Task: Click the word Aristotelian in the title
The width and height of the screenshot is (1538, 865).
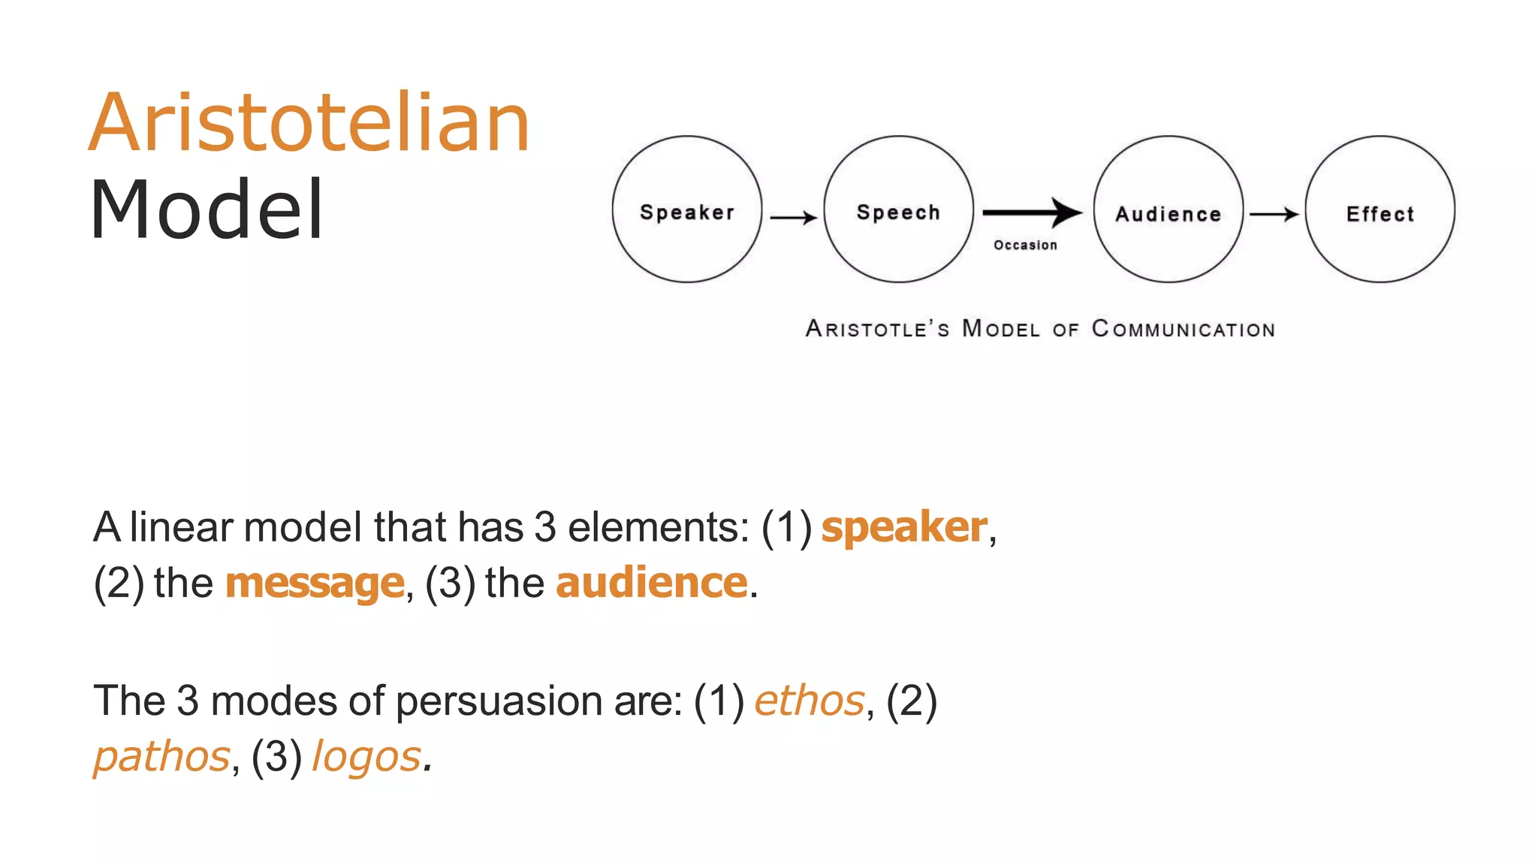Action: pos(309,123)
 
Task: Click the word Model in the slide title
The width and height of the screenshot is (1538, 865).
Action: pos(207,210)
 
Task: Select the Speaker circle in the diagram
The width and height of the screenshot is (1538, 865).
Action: pos(686,209)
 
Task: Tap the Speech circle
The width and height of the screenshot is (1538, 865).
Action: pos(898,209)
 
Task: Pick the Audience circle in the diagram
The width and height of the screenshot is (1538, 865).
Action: pos(1168,209)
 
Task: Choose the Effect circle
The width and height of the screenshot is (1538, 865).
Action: pos(1380,209)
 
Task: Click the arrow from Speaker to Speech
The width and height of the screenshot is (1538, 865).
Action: pos(793,218)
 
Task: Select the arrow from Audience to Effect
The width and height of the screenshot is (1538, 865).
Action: pos(1274,215)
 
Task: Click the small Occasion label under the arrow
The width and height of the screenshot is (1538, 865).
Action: pos(1025,246)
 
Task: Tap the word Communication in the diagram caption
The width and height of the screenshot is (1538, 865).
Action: pos(1183,329)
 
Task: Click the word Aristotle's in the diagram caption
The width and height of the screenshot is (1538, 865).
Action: pos(877,329)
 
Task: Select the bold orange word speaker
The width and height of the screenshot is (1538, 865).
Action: pos(904,527)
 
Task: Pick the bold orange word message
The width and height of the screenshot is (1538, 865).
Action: pos(315,583)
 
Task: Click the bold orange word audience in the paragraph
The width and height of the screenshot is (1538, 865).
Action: pos(652,583)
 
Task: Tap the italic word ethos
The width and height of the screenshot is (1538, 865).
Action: pos(810,701)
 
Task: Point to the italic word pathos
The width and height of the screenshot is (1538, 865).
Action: pos(161,757)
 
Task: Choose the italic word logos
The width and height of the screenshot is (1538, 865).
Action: pos(366,757)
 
